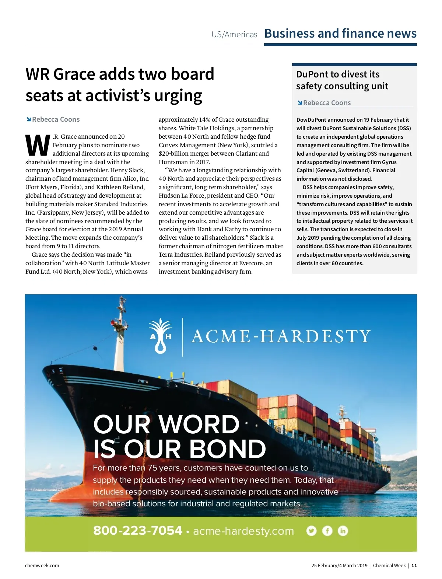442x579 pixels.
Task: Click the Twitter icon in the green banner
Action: tap(311, 531)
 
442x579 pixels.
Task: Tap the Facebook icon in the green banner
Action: tap(327, 531)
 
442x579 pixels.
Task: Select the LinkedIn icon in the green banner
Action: tap(343, 531)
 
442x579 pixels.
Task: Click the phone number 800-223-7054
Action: tap(137, 530)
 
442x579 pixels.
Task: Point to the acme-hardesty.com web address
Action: tap(243, 531)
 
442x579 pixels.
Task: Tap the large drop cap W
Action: tap(38, 145)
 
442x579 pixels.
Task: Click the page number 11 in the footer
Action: tap(414, 565)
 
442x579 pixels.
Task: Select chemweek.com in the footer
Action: tap(42, 565)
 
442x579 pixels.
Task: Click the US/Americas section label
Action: tap(234, 35)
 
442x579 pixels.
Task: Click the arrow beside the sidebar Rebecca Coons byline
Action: tap(299, 103)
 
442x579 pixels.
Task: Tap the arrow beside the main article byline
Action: tap(28, 119)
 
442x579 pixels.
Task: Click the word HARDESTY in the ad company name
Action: tap(315, 336)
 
